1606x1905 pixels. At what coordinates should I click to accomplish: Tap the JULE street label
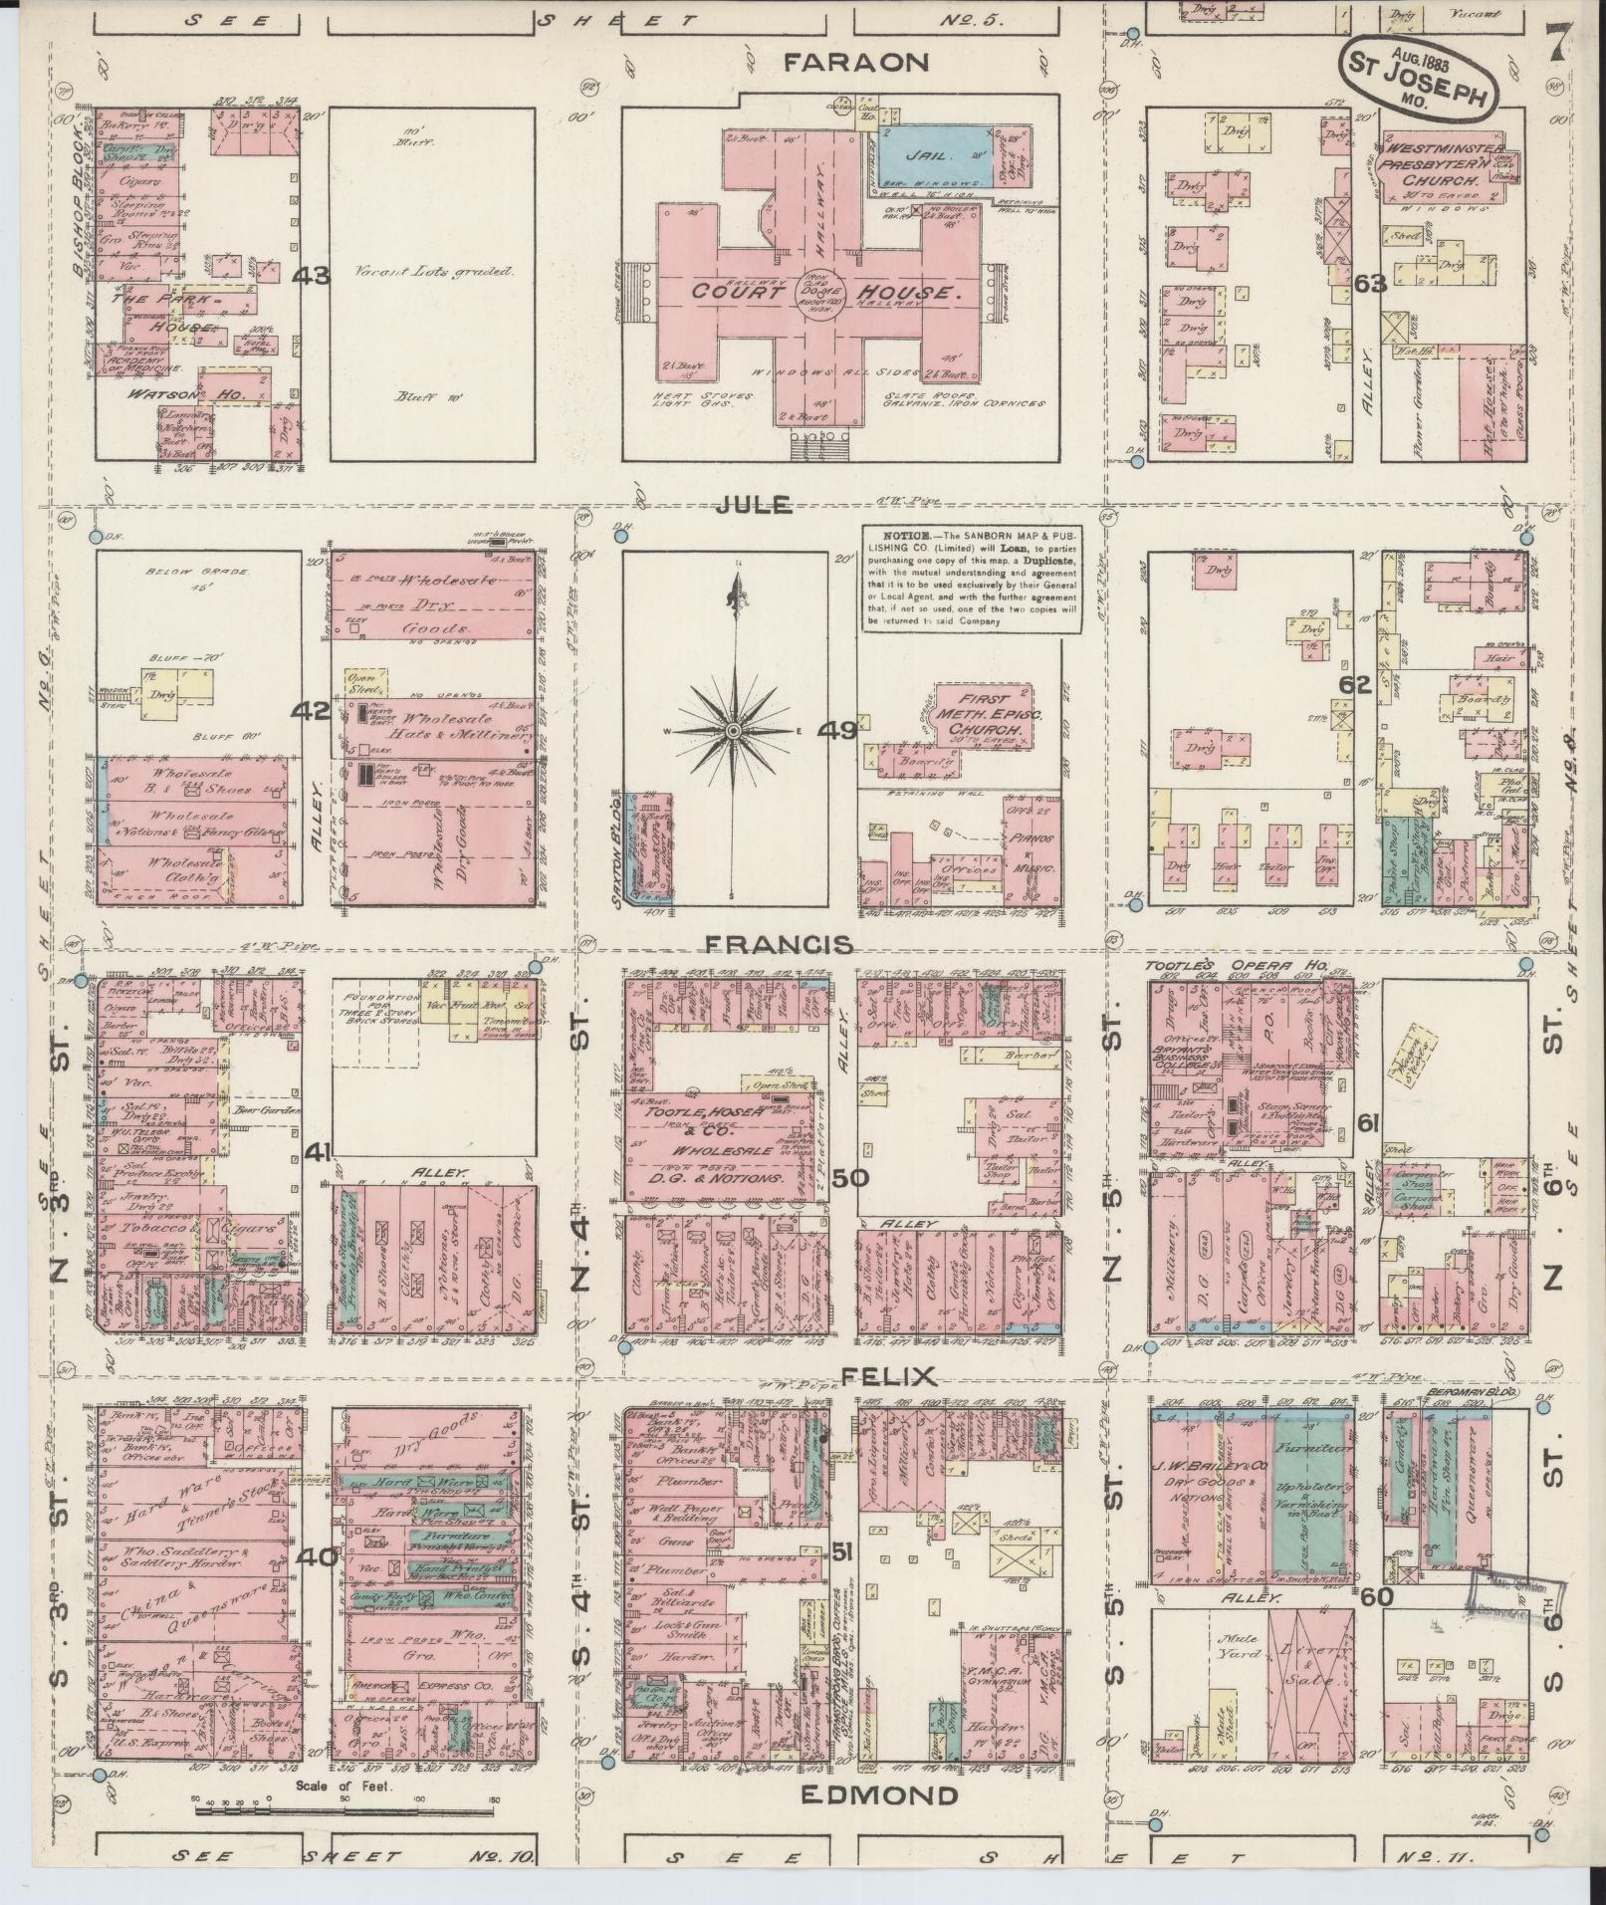point(754,505)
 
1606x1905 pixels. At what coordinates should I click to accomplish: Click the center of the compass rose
point(734,731)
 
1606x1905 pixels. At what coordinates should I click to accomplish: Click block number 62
point(1355,684)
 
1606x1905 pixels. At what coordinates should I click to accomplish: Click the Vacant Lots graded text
point(434,271)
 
